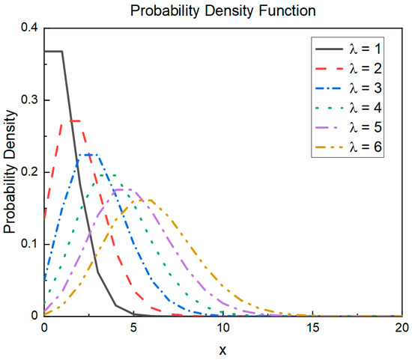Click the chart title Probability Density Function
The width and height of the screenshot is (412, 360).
[x=222, y=10]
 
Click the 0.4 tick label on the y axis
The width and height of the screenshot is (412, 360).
[x=28, y=28]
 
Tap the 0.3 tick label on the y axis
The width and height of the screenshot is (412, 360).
[x=28, y=100]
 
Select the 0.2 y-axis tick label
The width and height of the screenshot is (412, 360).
[x=28, y=172]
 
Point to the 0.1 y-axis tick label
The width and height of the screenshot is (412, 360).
[x=28, y=244]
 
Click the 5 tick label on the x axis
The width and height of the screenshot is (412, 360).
[x=134, y=327]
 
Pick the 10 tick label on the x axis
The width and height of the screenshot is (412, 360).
[x=223, y=327]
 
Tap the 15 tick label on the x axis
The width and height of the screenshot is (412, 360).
[x=312, y=327]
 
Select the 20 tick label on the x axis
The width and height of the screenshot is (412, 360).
[x=401, y=327]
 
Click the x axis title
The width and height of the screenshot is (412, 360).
[x=222, y=348]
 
